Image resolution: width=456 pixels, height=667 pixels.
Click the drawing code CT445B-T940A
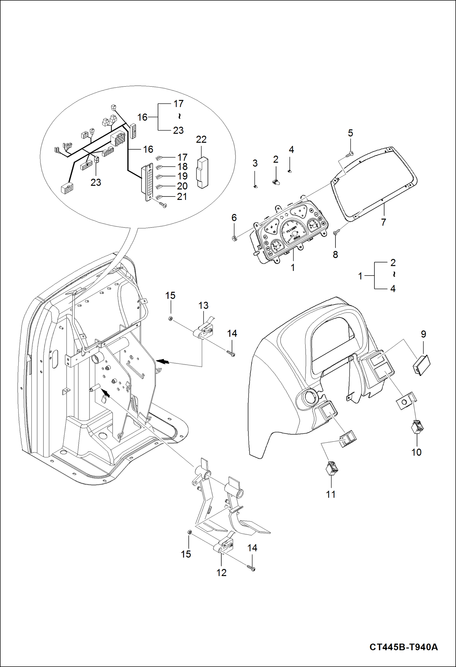pos(403,647)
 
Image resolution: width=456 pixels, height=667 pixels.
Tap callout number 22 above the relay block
pos(201,139)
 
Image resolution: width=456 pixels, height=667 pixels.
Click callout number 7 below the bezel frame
pos(384,222)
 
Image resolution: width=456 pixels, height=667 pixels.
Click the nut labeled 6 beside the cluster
pos(234,238)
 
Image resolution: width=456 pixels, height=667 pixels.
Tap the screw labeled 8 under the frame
pos(336,233)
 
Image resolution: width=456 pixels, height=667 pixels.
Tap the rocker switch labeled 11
pos(332,469)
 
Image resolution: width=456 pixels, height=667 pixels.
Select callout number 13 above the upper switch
pos(203,305)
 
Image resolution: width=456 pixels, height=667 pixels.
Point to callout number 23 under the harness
pos(96,182)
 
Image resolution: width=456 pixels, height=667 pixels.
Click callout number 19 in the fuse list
pos(182,176)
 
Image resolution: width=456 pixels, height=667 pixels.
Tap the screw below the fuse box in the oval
pos(163,205)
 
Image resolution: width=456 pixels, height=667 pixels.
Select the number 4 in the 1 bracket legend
pos(393,289)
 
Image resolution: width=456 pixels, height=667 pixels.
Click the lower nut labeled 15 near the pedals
pos(188,532)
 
